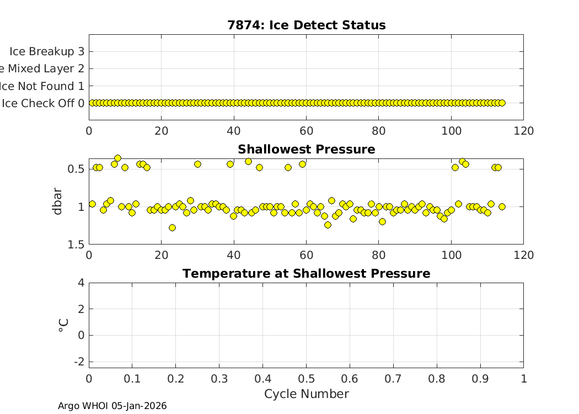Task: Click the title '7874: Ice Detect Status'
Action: [x=306, y=25]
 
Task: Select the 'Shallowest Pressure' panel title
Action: [x=306, y=150]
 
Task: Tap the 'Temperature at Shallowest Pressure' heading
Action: [x=306, y=274]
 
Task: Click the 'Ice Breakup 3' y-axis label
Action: [x=47, y=51]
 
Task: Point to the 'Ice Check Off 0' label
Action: [x=43, y=103]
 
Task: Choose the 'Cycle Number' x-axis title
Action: [x=306, y=394]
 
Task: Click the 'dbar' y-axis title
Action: [x=57, y=201]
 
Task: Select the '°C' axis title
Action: [x=63, y=325]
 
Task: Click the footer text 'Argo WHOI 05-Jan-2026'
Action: [x=112, y=406]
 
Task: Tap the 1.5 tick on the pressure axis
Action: [x=76, y=245]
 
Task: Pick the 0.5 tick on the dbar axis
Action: [x=76, y=168]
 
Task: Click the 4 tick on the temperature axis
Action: [x=81, y=283]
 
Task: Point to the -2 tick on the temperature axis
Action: [x=79, y=362]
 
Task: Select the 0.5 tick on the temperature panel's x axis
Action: [x=306, y=379]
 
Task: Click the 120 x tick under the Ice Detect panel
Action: [x=523, y=131]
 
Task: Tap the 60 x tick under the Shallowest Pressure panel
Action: [x=306, y=255]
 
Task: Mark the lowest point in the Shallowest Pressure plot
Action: [x=172, y=227]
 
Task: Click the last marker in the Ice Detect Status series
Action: [x=502, y=103]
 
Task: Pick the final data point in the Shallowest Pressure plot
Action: [x=502, y=206]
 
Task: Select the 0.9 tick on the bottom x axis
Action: [x=480, y=379]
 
